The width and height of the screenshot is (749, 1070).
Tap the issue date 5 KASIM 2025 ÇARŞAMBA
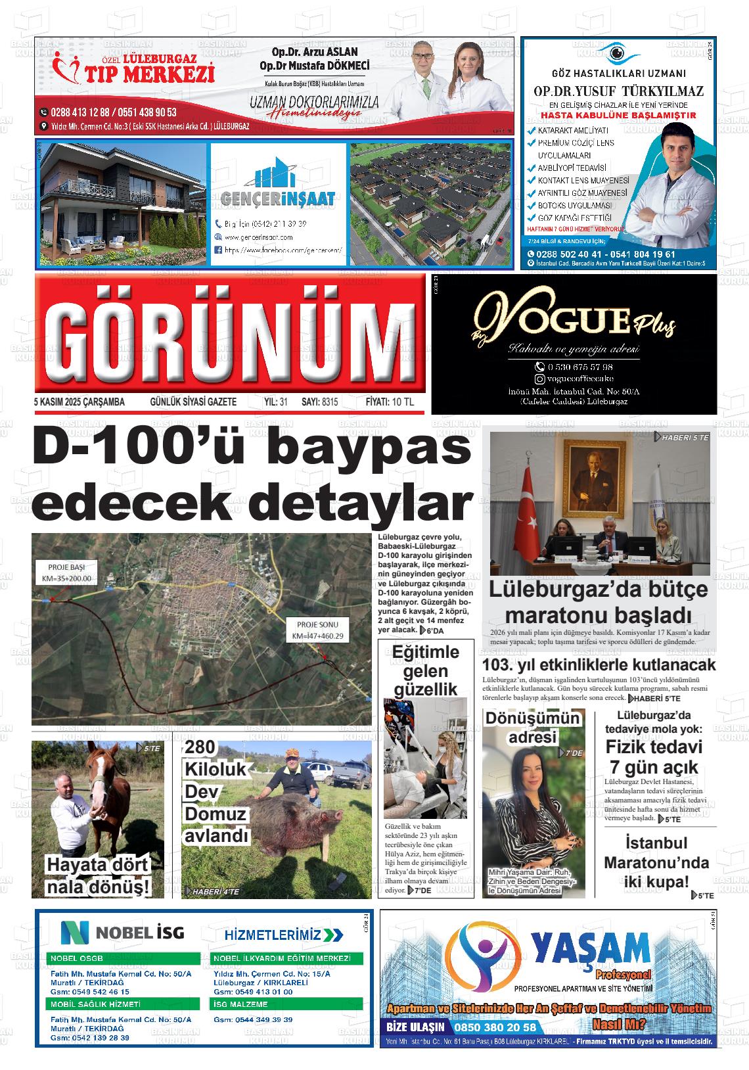pos(79,402)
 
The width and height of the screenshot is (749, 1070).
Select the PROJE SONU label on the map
pos(317,630)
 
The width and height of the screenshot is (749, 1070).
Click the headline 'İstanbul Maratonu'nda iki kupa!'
pos(656,862)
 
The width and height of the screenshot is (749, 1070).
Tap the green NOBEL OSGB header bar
pos(124,958)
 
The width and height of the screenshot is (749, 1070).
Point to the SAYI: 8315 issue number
pos(319,402)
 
